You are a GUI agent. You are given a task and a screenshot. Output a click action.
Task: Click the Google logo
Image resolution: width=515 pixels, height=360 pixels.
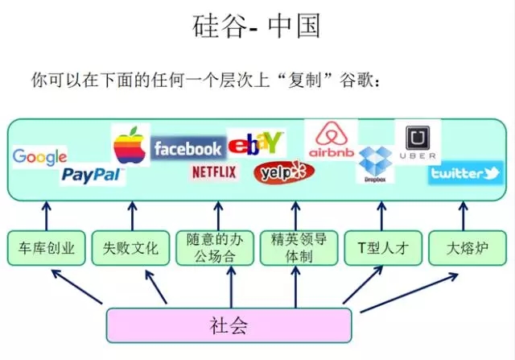pos(39,157)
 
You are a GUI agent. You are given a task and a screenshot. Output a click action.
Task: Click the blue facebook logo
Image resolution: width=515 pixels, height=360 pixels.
pos(187,148)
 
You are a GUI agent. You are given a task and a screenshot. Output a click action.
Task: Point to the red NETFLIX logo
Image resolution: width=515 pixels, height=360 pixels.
pos(214,172)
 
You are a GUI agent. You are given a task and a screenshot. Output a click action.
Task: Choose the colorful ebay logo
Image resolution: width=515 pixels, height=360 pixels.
pos(256,143)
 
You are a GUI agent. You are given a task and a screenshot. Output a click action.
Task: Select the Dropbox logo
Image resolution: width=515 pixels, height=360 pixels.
pos(375,165)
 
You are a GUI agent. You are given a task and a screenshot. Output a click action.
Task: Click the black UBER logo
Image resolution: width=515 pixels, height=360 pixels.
pos(418,141)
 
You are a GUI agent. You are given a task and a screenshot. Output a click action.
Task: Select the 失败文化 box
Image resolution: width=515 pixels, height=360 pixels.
pos(130,249)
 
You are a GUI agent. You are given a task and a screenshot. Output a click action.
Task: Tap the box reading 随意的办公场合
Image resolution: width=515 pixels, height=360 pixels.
pos(214,249)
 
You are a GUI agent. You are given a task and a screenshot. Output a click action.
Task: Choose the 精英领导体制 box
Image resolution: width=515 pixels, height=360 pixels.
pos(299,249)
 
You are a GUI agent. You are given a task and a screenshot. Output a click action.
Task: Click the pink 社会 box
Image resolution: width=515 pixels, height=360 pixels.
pos(229,325)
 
